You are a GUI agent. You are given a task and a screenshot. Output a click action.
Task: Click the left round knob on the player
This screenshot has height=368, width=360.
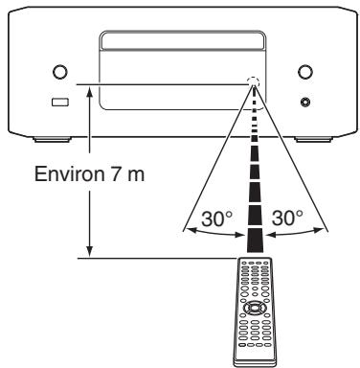[59, 72]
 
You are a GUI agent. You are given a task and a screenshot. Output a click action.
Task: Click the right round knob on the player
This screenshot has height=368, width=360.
[304, 72]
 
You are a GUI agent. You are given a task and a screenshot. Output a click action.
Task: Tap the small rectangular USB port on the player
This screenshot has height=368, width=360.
[59, 102]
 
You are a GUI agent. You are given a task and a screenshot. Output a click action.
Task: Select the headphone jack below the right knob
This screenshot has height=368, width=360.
[304, 102]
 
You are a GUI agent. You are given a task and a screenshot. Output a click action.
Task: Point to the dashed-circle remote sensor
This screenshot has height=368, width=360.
[254, 83]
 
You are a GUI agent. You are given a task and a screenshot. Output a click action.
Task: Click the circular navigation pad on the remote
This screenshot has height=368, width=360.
[254, 309]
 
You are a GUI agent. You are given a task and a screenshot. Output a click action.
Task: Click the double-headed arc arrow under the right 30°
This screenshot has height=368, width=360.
[296, 231]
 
